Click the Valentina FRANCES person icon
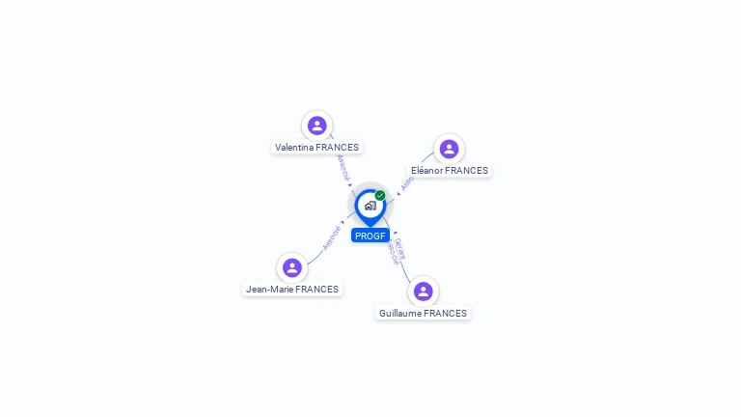[316, 125]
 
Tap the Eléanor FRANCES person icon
[449, 149]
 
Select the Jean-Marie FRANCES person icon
[291, 267]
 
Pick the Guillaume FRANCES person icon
[423, 292]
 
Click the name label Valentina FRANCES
[316, 148]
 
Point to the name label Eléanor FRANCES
[450, 171]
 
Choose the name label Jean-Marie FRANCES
[292, 290]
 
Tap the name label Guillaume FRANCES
[423, 314]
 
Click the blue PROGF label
[370, 236]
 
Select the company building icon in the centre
[370, 206]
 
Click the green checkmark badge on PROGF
[380, 195]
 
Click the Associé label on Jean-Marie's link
[331, 237]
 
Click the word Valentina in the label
[294, 148]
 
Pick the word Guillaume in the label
[400, 314]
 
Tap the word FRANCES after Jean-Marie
[317, 290]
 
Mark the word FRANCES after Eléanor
[467, 171]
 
